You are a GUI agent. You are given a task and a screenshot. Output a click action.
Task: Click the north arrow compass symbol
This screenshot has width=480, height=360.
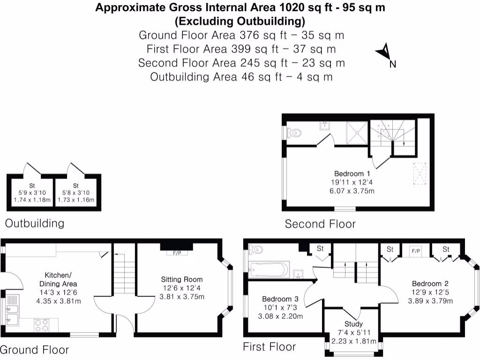(x=384, y=53)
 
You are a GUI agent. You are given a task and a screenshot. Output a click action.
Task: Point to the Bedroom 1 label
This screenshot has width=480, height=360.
(x=352, y=173)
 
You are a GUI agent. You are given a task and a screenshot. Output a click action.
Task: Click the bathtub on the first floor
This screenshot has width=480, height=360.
(x=268, y=270)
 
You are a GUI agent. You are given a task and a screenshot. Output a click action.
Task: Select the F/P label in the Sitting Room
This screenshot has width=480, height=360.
(x=177, y=253)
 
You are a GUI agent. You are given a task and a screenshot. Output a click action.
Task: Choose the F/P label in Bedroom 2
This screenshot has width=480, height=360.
(x=415, y=251)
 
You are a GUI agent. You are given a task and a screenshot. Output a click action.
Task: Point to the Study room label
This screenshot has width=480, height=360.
(x=353, y=324)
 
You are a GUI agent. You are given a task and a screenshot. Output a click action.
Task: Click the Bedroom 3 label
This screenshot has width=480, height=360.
(x=280, y=299)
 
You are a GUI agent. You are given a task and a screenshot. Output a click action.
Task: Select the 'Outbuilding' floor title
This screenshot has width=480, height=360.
(x=35, y=223)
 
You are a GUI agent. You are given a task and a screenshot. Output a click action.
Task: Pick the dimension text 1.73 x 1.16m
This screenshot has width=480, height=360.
(x=75, y=200)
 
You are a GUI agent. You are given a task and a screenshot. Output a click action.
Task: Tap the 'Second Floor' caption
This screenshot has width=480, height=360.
(x=320, y=224)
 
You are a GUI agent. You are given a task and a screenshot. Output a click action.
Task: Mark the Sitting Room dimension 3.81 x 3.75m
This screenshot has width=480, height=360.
(x=182, y=296)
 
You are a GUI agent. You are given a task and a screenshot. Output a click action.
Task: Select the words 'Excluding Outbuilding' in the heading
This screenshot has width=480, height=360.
(x=240, y=22)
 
